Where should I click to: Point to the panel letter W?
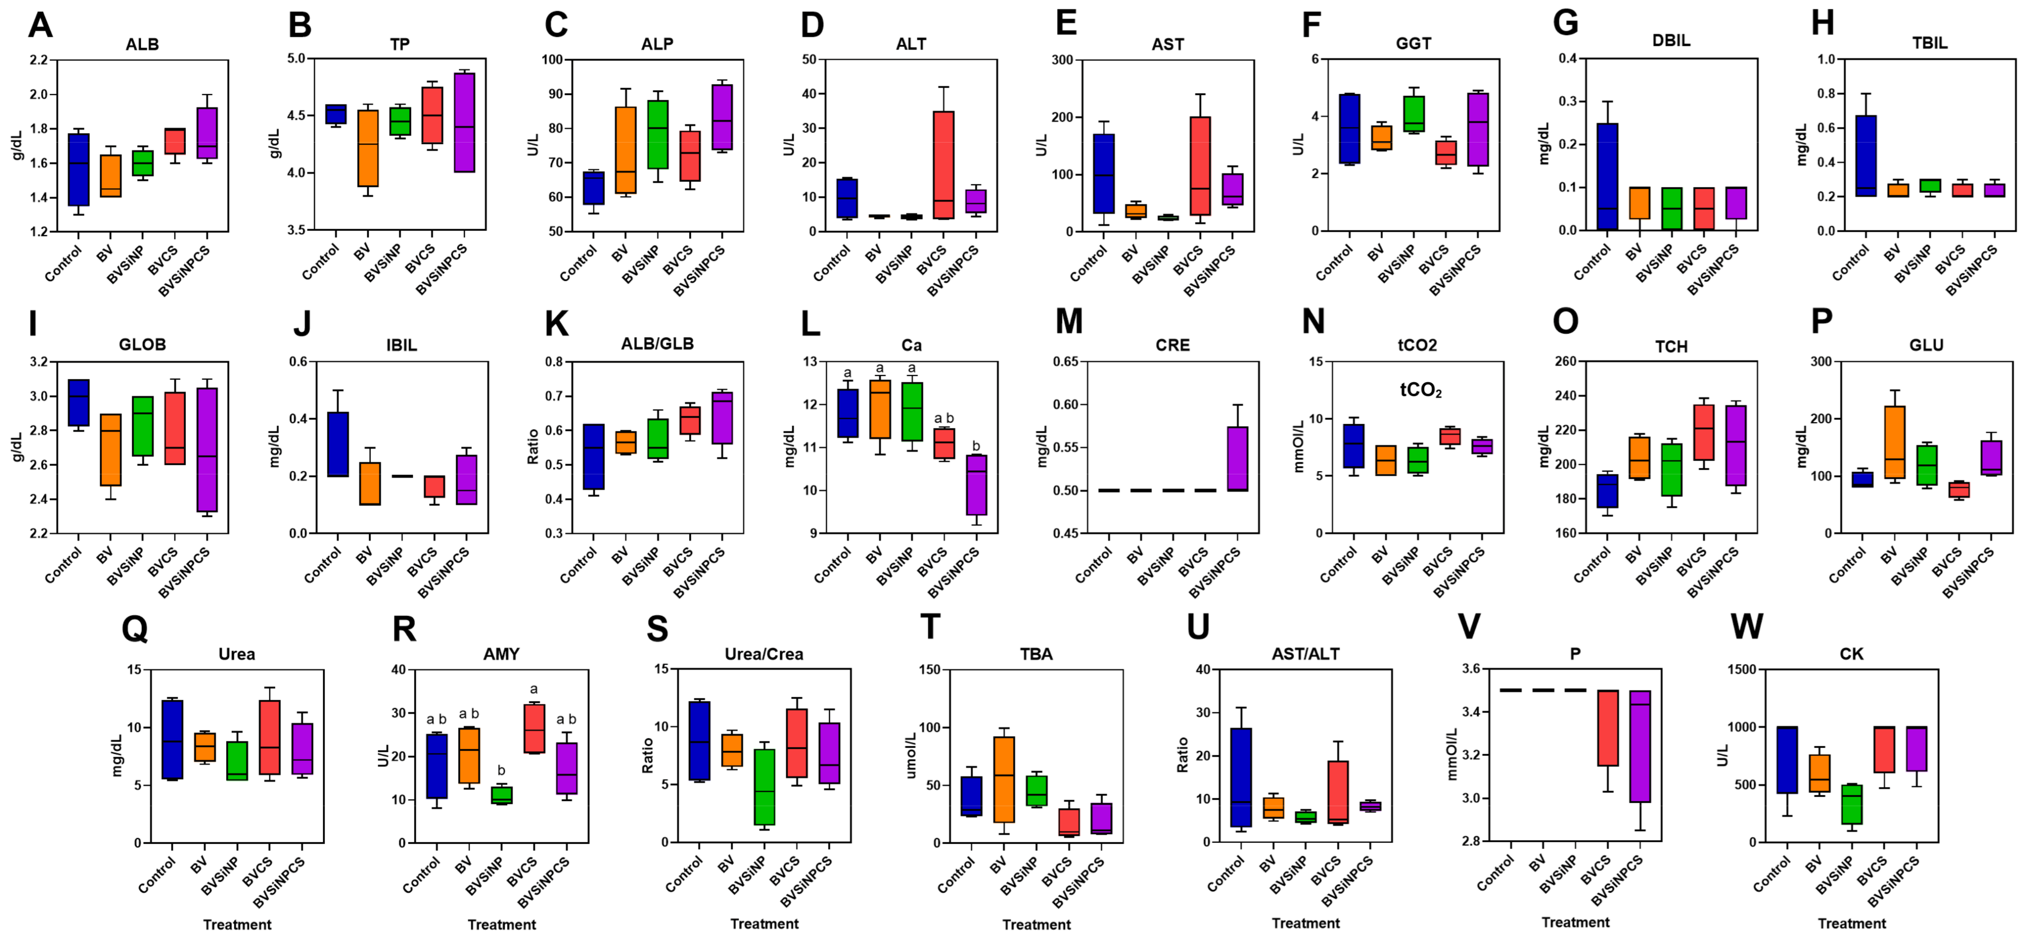point(1746,627)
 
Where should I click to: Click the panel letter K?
point(556,323)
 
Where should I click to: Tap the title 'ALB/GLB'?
point(657,344)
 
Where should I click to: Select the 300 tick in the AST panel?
point(1063,60)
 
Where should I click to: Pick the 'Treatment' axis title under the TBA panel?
point(1035,924)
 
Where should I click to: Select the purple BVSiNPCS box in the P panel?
point(1640,746)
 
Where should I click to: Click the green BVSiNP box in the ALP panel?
point(658,135)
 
